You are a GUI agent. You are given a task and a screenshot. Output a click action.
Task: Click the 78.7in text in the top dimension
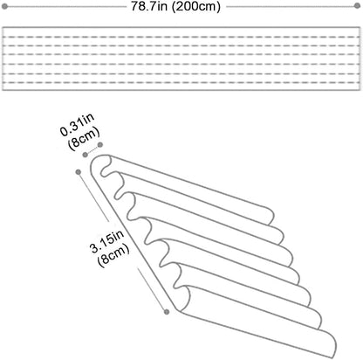149,6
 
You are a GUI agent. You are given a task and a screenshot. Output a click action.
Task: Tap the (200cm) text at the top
195,6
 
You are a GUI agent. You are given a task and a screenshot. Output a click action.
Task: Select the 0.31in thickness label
77,125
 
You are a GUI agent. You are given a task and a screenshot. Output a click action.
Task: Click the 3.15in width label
106,240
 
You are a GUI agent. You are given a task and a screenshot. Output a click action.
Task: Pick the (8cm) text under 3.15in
113,254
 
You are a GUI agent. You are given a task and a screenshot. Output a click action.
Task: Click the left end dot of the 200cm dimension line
4,6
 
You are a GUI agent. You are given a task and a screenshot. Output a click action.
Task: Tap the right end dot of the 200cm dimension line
357,6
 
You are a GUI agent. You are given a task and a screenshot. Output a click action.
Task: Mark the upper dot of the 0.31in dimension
100,145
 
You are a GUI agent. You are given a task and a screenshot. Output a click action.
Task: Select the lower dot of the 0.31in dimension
85,155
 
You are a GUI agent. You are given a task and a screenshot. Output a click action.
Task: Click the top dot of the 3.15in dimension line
78,172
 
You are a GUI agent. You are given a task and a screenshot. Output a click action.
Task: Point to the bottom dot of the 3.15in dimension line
167,312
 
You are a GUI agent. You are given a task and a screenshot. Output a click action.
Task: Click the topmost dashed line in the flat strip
181,37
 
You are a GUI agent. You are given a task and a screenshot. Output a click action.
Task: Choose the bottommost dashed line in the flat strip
181,82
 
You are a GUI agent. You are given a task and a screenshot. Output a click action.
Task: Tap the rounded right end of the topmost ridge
272,216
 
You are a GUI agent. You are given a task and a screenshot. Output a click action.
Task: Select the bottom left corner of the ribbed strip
175,309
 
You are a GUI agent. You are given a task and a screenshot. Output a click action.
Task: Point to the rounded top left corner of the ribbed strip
93,160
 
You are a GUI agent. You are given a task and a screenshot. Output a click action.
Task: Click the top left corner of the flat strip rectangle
3,27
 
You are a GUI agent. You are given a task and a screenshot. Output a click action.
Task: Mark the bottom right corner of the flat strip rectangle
360,90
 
